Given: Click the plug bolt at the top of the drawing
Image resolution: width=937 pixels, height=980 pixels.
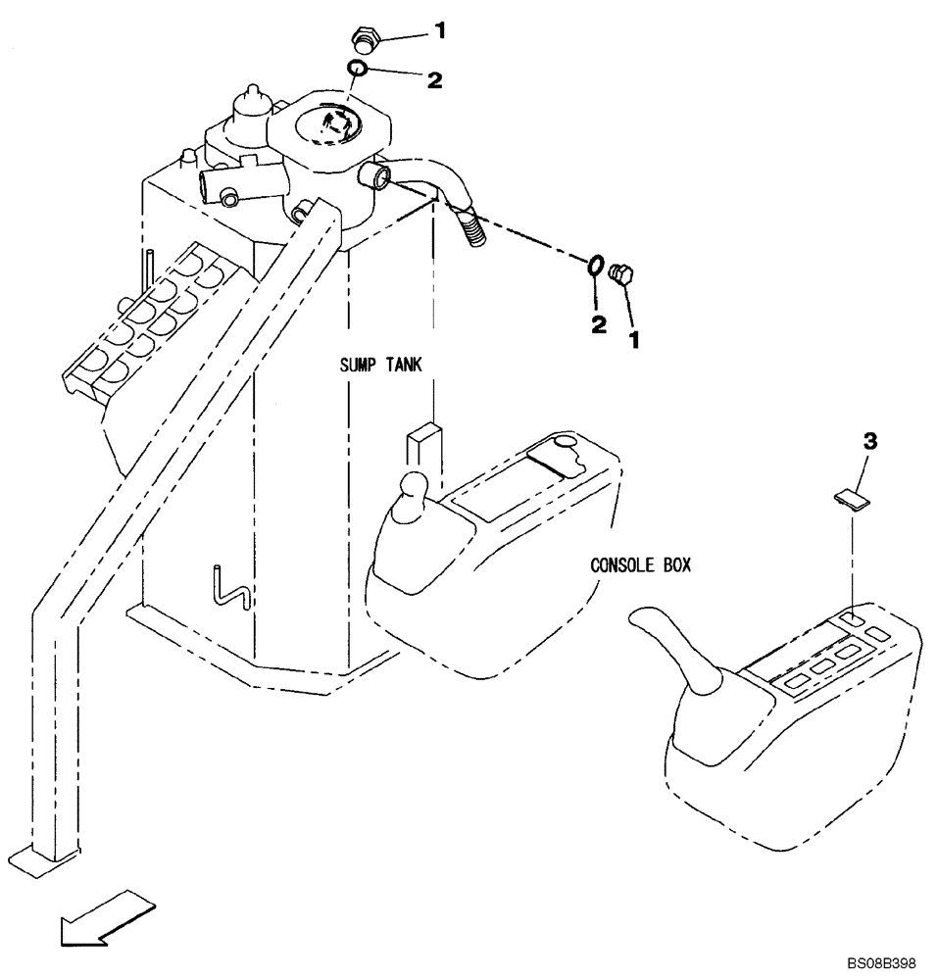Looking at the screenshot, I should point(365,41).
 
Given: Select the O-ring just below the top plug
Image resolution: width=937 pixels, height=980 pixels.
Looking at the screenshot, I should point(358,69).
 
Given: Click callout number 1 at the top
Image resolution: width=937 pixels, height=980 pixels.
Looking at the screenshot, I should point(440,32).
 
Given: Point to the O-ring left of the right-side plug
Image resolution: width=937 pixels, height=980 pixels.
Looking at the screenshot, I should point(594,266).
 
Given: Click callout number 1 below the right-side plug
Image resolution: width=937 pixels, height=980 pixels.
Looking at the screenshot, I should point(635,340).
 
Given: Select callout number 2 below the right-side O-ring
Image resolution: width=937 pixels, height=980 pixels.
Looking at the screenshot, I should point(597,324).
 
